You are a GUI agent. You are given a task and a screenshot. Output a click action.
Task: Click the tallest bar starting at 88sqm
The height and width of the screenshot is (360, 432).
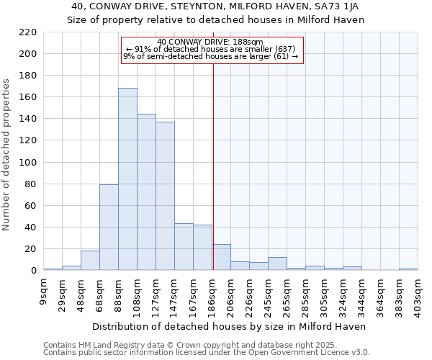[x=127, y=179]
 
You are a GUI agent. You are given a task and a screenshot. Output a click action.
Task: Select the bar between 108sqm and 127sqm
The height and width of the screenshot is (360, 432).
[x=146, y=192]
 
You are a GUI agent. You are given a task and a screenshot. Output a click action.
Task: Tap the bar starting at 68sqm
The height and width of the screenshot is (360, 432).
[x=109, y=228]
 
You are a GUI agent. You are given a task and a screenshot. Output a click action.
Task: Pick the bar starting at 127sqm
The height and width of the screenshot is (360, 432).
[x=165, y=196]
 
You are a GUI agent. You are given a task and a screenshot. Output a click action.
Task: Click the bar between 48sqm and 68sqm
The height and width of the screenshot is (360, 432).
[x=90, y=261]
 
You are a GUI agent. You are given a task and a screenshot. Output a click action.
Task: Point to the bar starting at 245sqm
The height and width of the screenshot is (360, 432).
[x=277, y=264]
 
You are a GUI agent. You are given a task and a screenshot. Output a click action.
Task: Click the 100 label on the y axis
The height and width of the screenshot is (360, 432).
[x=27, y=163]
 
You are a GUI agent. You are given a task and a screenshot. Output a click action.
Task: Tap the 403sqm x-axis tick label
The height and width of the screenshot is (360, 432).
[x=418, y=297]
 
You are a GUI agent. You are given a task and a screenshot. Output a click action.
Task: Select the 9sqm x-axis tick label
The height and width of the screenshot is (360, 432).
[x=44, y=292]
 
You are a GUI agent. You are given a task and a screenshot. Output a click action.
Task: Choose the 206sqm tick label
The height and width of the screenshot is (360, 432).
[x=231, y=297]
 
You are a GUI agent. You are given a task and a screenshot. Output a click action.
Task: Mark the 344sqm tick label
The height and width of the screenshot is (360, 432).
[x=362, y=297]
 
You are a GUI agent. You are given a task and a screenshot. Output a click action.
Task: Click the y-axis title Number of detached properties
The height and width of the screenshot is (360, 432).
[x=7, y=156]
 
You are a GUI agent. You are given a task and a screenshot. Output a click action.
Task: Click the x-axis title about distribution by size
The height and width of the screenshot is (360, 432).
[x=230, y=326]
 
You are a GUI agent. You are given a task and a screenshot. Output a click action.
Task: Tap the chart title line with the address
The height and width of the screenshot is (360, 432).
[x=216, y=6]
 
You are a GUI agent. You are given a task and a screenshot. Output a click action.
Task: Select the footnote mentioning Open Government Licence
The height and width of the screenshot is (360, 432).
[x=206, y=352]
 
